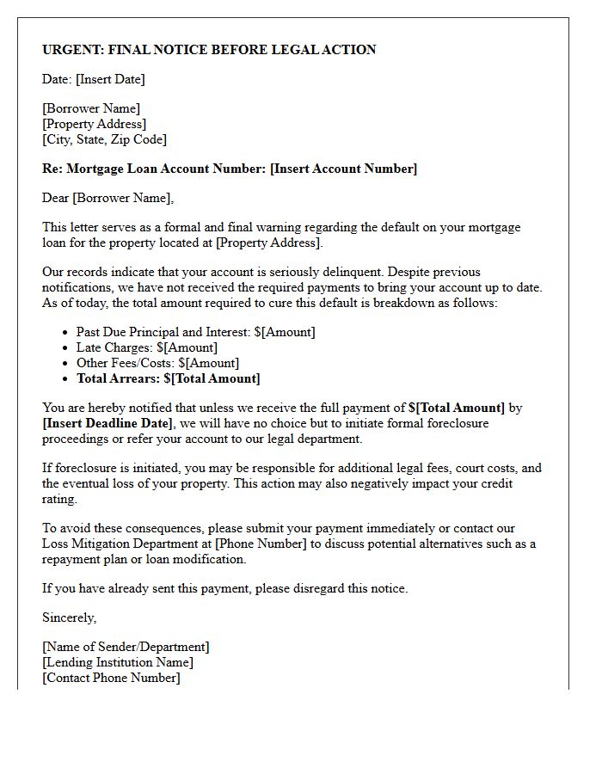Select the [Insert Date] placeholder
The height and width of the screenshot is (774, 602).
[110, 79]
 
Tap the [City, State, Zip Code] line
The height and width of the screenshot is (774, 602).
[104, 139]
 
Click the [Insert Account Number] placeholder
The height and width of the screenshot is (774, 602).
[343, 169]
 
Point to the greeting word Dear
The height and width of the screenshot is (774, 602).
[56, 198]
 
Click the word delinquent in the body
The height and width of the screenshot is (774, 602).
[327, 272]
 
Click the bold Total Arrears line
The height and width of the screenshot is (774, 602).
[168, 378]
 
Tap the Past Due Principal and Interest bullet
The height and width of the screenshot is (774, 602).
[195, 332]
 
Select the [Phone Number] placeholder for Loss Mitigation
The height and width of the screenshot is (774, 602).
[256, 544]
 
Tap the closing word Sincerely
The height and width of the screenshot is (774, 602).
[70, 617]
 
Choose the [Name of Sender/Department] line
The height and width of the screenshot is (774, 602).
[126, 647]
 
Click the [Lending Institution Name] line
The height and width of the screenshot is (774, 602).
[118, 662]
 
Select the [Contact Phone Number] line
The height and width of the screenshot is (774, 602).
[111, 678]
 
